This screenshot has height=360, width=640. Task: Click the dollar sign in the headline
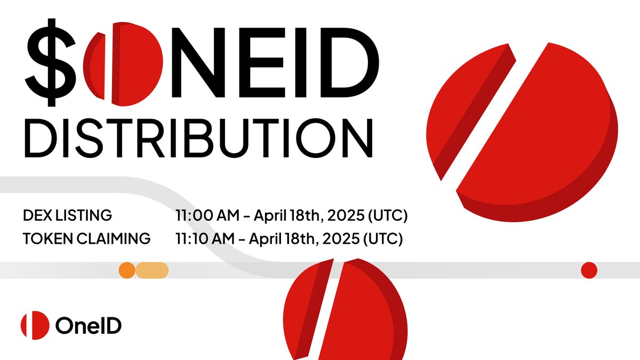tap(51, 62)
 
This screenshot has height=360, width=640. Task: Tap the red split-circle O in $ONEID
tap(123, 63)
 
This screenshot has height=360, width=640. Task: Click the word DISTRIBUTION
tap(199, 138)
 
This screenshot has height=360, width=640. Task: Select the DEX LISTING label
tap(67, 215)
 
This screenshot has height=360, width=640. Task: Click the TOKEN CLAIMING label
tap(86, 238)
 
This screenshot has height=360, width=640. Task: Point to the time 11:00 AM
tap(207, 215)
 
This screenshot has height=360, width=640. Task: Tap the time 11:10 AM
tap(205, 238)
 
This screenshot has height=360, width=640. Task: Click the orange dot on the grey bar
tap(127, 270)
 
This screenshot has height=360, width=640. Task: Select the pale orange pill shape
tap(152, 270)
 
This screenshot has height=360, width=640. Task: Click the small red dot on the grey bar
tap(589, 270)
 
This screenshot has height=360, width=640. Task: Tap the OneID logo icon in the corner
tap(35, 325)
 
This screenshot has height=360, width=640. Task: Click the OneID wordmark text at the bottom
tap(89, 325)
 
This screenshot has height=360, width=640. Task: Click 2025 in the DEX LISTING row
tap(346, 215)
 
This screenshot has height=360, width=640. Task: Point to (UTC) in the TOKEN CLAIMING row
tap(382, 238)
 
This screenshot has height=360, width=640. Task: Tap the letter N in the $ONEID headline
tap(198, 62)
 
